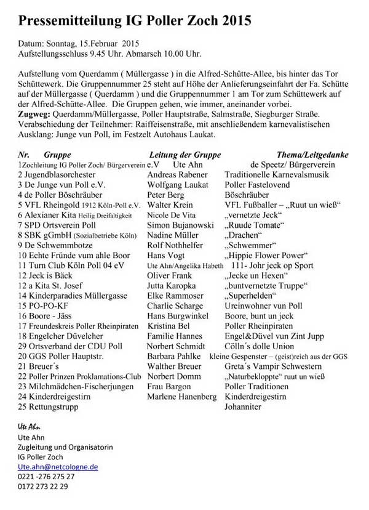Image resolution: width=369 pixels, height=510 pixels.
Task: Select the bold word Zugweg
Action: click(x=33, y=115)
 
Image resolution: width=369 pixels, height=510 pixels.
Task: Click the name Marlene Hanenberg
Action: click(x=182, y=397)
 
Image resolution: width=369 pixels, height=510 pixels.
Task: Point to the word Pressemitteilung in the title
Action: click(x=71, y=21)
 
